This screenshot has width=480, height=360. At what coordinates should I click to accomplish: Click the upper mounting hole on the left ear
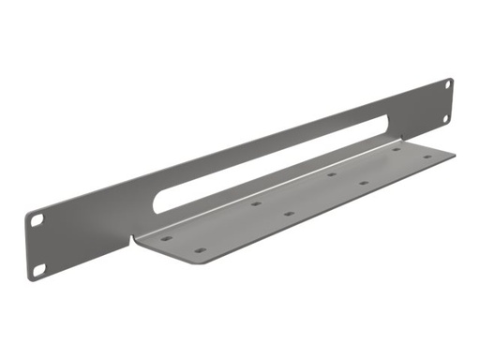point(37,218)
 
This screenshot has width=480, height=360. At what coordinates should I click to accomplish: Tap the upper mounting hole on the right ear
point(447,85)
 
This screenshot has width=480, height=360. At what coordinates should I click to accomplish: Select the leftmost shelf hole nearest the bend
point(166,238)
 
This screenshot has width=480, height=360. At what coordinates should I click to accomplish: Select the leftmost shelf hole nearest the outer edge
point(199,251)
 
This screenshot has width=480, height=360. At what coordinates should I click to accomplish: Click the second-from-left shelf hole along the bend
point(255,202)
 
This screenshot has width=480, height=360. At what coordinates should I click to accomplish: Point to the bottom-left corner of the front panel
point(32,280)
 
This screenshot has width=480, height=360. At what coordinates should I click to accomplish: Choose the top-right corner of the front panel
point(452,78)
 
